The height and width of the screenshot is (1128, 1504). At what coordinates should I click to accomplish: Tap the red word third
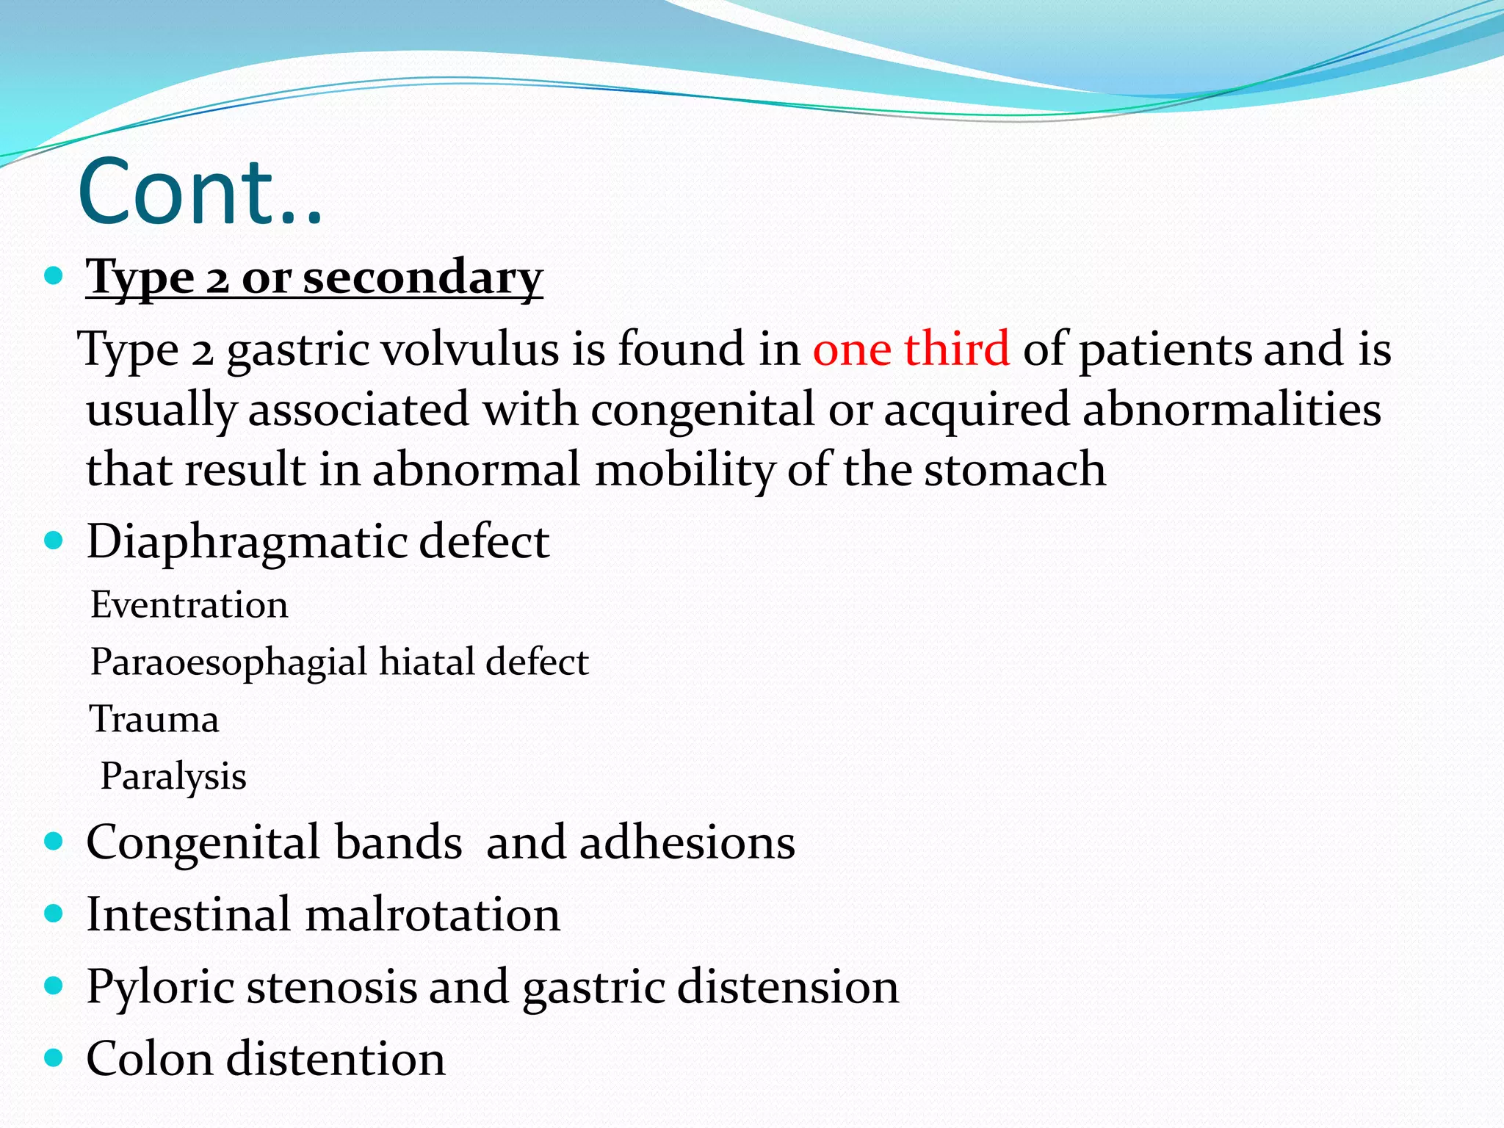[956, 348]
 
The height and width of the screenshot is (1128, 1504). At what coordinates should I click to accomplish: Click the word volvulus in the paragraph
[470, 348]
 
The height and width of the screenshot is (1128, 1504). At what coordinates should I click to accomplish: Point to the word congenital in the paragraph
[702, 410]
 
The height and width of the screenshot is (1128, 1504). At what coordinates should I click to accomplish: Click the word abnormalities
[1232, 409]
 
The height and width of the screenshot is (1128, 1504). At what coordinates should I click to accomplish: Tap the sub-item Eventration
[189, 605]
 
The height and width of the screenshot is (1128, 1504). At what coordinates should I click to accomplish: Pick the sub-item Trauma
[154, 719]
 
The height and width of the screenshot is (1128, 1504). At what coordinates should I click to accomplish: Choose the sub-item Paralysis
[173, 776]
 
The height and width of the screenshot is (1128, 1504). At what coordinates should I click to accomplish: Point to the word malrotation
[432, 915]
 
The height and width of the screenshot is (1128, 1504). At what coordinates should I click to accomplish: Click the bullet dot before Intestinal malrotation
[54, 914]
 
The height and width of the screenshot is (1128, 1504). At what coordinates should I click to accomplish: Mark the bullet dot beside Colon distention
[54, 1057]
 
